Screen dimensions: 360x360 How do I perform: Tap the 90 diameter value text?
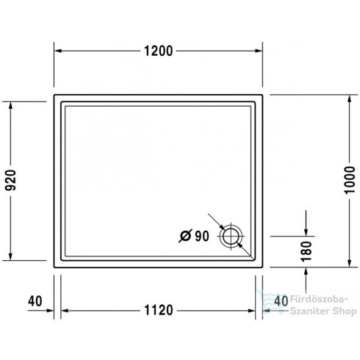(x=203, y=235)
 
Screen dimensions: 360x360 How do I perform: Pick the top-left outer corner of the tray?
(x=55, y=93)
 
